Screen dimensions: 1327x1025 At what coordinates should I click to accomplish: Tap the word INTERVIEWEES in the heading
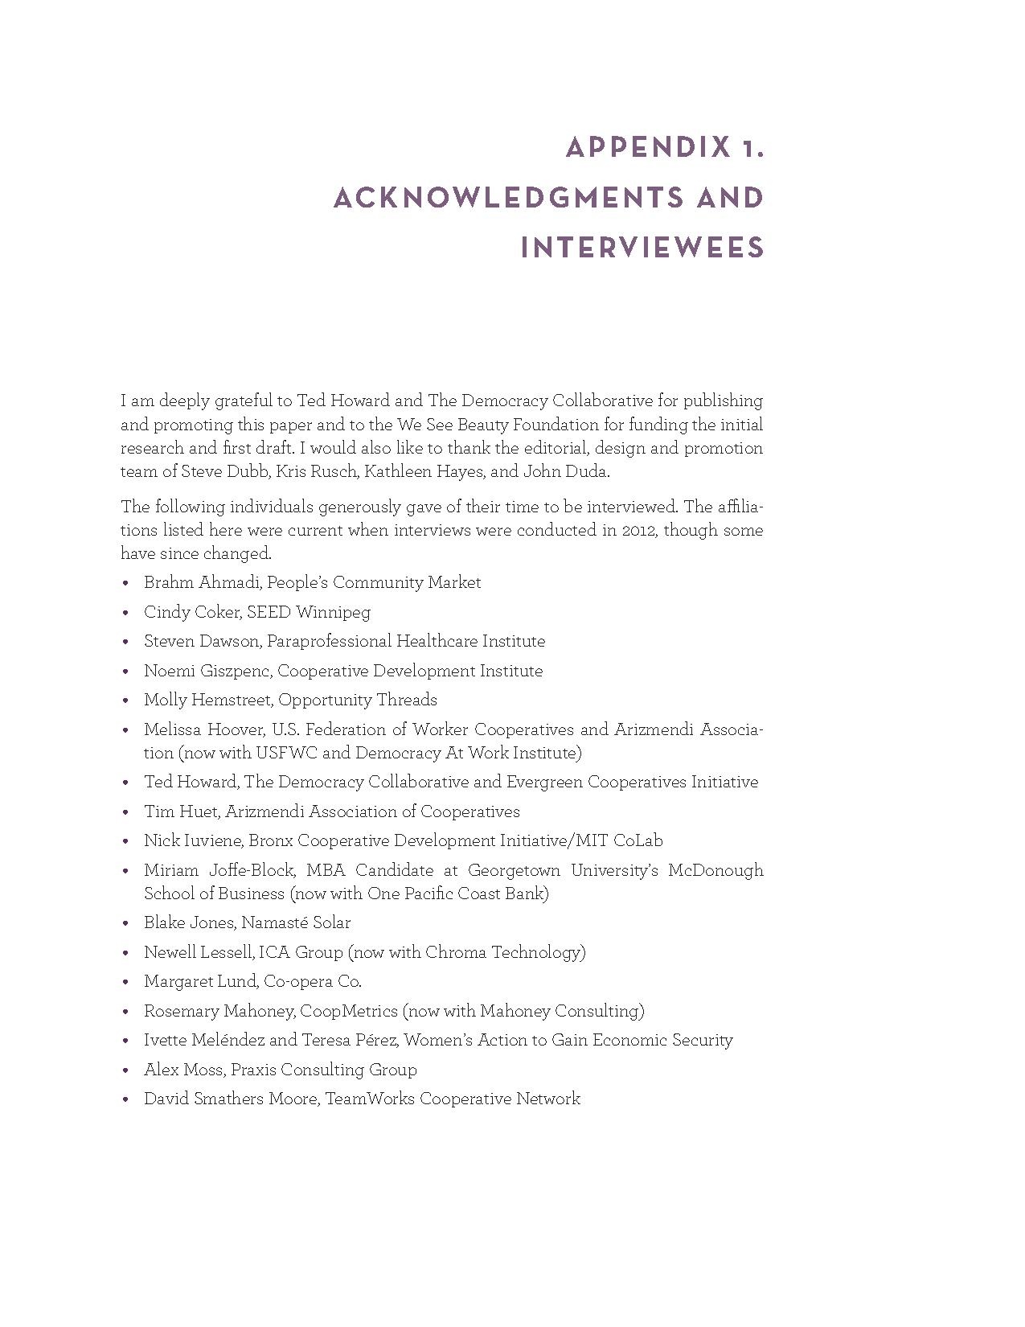point(642,248)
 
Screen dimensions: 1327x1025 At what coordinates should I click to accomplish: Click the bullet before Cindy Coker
point(125,613)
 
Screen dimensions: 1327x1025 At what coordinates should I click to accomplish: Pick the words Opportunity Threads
point(358,700)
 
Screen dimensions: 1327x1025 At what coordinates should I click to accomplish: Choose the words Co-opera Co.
point(319,981)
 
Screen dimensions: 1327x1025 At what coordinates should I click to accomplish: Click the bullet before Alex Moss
point(125,1070)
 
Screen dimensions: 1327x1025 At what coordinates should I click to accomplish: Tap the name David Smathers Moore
point(230,1099)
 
